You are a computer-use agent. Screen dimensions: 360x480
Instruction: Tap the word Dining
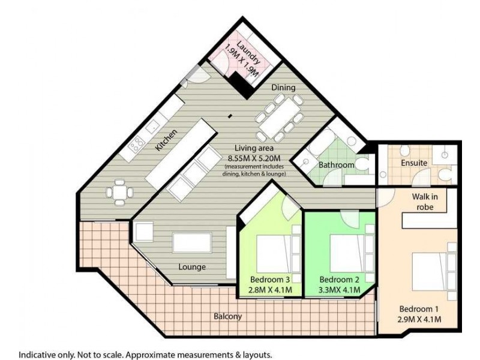[283, 88]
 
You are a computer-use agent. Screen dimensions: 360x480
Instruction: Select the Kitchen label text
[166, 139]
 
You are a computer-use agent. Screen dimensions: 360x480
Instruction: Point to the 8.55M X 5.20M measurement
[255, 158]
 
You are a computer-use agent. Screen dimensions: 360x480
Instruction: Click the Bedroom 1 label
[420, 309]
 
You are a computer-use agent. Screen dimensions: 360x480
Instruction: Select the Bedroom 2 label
[339, 280]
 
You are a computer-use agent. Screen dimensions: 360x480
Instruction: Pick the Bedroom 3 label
[270, 280]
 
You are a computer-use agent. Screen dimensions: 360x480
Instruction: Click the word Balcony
[228, 316]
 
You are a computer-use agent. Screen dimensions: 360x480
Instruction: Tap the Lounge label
[192, 266]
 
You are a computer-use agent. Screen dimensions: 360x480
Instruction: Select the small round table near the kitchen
[118, 191]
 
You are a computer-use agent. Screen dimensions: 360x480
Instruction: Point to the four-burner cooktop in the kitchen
[136, 144]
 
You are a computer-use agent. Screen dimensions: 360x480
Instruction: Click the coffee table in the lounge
[191, 243]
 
